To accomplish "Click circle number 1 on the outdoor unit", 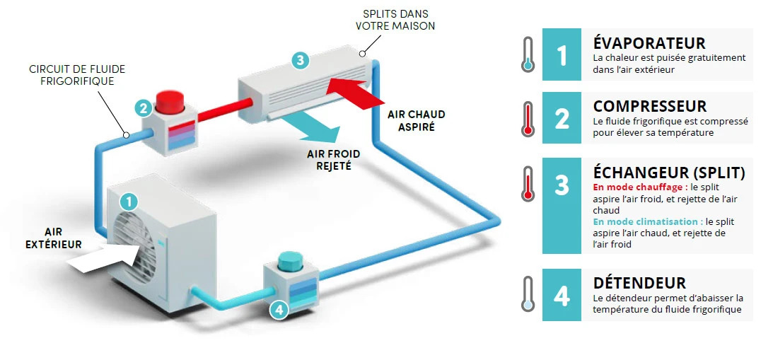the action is coord(129,201).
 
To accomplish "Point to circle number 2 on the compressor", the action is coord(144,108).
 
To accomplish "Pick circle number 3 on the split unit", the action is coord(301,60).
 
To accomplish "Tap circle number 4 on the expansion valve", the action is coord(279,310).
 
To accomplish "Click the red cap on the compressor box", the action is coord(170,102).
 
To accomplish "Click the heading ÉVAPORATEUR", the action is coord(649,43).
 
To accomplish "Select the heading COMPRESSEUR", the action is coord(650,106).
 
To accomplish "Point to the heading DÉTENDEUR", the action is coord(639,283).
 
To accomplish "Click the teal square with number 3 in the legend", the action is coord(562,206).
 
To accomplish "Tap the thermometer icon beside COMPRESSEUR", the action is coord(528,118).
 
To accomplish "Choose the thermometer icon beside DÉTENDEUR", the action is coord(528,294).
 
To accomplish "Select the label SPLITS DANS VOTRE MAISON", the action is coord(395,20).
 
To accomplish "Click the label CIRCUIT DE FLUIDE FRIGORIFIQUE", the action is coord(77,74).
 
